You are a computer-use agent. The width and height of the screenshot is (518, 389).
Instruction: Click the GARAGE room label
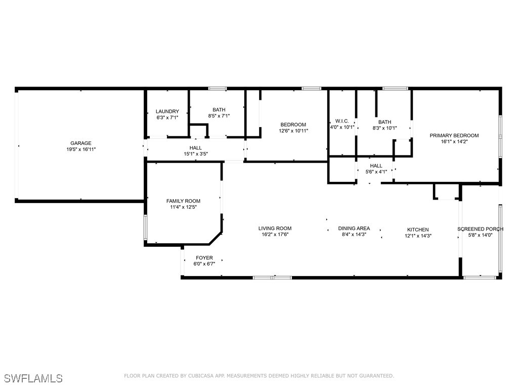[x=81, y=143]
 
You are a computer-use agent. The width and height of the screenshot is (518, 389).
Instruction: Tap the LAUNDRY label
[x=167, y=111]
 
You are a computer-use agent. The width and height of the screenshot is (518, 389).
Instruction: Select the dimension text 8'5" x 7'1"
[x=219, y=116]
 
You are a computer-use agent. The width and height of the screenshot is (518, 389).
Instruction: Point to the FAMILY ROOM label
[x=183, y=201]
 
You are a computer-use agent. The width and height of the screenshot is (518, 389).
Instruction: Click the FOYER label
[x=204, y=258]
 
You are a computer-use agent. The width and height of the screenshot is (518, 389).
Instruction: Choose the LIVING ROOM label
[x=275, y=228]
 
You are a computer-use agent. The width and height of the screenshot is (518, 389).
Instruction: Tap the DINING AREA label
[x=354, y=228]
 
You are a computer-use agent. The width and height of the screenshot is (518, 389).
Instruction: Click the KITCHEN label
[x=418, y=229]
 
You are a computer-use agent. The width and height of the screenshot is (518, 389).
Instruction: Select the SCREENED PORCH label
[x=481, y=229]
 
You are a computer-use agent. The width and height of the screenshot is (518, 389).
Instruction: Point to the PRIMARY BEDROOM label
[x=454, y=135]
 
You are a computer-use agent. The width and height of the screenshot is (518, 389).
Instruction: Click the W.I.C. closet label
[x=342, y=121]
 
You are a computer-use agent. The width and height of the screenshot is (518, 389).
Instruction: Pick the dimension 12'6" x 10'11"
[x=293, y=131]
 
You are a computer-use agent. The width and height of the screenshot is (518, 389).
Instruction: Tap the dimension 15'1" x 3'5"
[x=196, y=154]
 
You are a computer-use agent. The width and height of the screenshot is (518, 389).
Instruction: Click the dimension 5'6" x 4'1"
[x=376, y=172]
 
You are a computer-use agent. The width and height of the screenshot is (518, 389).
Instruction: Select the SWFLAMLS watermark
[x=33, y=378]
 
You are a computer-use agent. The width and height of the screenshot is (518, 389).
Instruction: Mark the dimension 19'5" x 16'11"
[x=81, y=149]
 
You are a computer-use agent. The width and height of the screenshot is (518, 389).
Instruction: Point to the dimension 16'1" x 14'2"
[x=454, y=142]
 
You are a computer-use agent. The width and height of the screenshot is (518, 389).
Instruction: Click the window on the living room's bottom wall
[x=273, y=278]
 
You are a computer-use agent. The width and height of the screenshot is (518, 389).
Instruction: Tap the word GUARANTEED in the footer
[x=376, y=376]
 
